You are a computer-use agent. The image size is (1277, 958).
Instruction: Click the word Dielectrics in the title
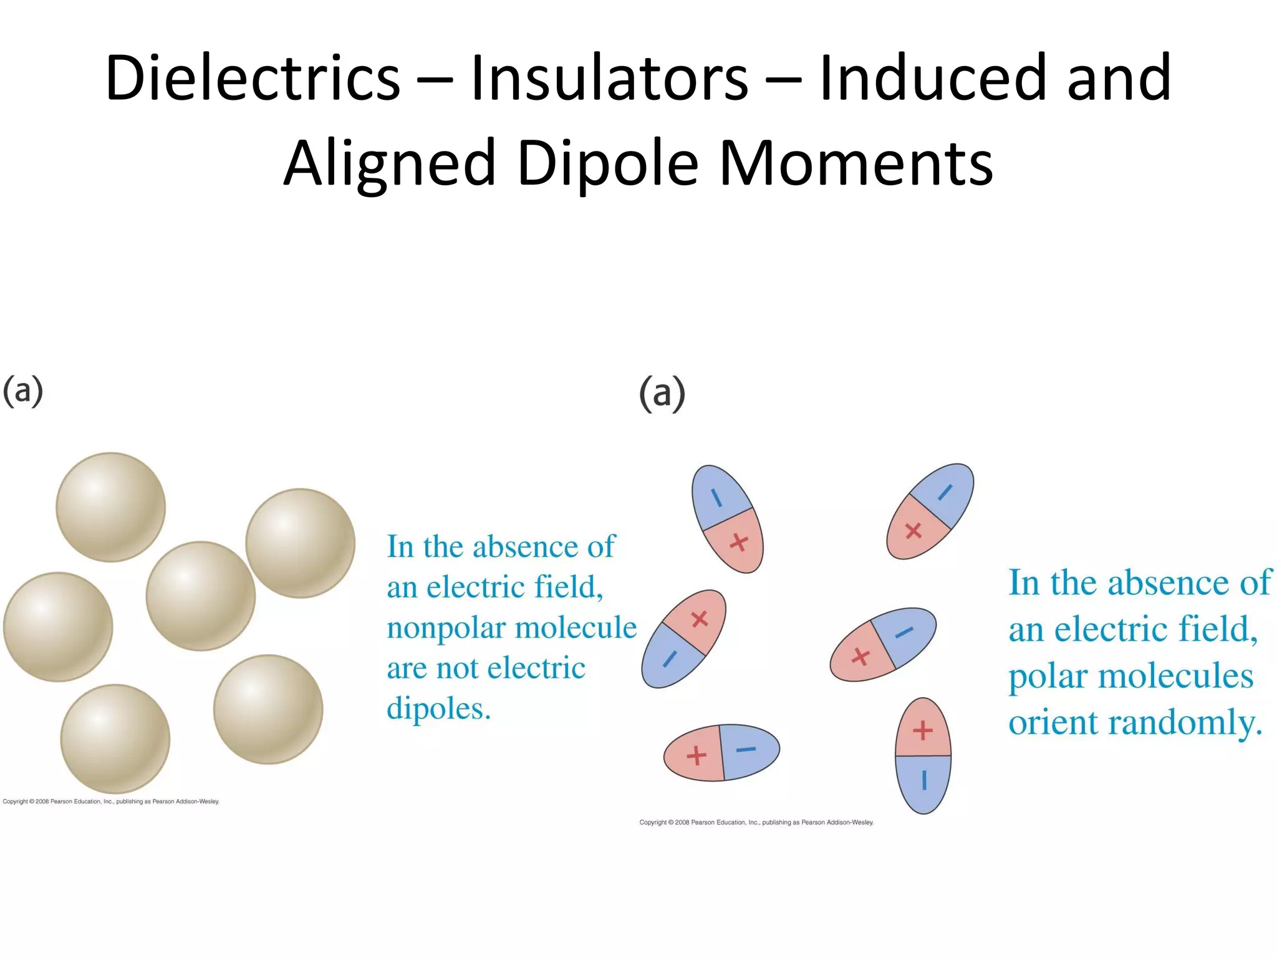point(252,78)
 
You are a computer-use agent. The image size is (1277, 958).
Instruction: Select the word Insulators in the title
point(609,78)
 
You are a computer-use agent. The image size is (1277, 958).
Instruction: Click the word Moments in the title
point(855,163)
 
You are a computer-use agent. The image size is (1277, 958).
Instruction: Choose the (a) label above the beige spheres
point(23,392)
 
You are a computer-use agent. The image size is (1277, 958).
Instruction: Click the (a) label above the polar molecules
point(662,394)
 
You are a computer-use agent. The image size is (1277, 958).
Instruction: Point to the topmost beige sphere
point(111,507)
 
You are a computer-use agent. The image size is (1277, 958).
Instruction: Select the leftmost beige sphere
point(58,627)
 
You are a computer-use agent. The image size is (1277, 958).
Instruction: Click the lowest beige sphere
point(115,739)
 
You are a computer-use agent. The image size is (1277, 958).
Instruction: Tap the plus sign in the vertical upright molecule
point(923,730)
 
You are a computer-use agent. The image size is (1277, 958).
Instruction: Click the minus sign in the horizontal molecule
point(746,749)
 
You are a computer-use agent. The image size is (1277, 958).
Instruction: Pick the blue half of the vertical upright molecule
point(923,783)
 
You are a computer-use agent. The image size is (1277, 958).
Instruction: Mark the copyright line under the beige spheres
point(111,801)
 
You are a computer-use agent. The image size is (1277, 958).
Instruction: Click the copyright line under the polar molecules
point(756,823)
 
